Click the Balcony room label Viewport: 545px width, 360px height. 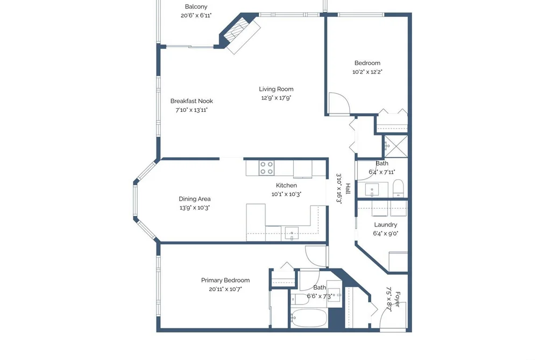pyautogui.click(x=196, y=6)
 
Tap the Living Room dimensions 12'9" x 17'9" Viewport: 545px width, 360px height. pyautogui.click(x=276, y=98)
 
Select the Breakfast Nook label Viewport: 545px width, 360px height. pyautogui.click(x=192, y=101)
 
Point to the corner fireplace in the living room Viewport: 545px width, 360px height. pyautogui.click(x=240, y=34)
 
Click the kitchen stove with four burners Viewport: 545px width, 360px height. pyautogui.click(x=266, y=168)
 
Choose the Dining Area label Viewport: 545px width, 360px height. pyautogui.click(x=195, y=199)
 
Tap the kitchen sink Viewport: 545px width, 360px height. pyautogui.click(x=292, y=233)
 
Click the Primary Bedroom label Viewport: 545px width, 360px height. pyautogui.click(x=225, y=280)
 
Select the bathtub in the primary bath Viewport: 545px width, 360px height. pyautogui.click(x=309, y=318)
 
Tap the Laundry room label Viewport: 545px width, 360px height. pyautogui.click(x=385, y=225)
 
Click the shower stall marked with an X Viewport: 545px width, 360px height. pyautogui.click(x=395, y=146)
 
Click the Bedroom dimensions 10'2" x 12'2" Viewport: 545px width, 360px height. pyautogui.click(x=367, y=72)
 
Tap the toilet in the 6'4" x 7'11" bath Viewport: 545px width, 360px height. pyautogui.click(x=398, y=188)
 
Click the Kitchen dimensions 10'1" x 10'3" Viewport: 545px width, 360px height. pyautogui.click(x=286, y=194)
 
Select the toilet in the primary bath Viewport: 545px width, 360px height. pyautogui.click(x=300, y=299)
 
